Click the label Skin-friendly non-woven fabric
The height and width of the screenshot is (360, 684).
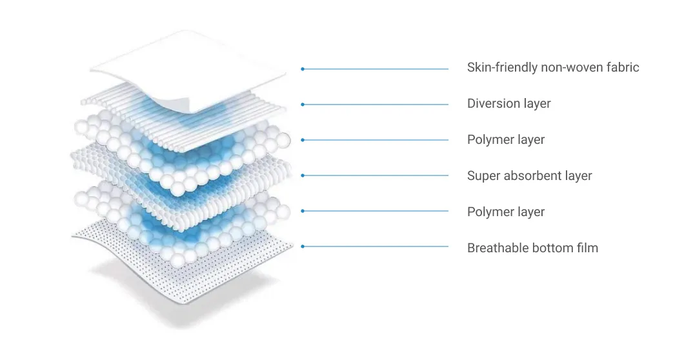point(553,67)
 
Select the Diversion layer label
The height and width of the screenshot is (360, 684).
point(508,103)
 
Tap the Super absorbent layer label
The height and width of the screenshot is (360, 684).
point(529,175)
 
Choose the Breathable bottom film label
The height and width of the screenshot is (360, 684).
point(532,248)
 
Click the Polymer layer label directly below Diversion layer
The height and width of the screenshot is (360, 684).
point(506,139)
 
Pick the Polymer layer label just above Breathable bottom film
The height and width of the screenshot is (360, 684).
point(506,212)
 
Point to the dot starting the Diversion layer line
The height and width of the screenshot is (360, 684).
point(303,105)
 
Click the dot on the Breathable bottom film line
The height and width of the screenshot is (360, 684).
point(303,246)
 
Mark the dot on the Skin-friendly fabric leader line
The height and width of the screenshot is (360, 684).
point(303,69)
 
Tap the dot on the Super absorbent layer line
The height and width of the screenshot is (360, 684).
point(303,175)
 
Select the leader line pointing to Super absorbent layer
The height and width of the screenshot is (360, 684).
point(375,175)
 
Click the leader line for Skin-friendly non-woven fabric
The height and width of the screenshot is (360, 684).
point(375,69)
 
